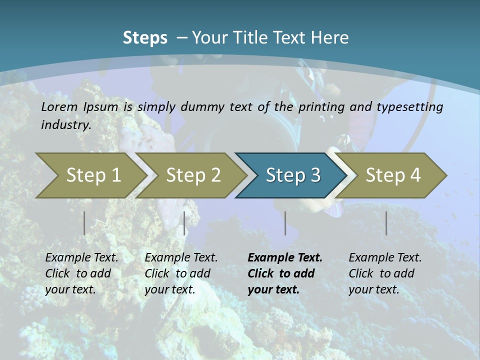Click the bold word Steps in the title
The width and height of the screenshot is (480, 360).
click(145, 38)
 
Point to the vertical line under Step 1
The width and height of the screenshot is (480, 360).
click(84, 223)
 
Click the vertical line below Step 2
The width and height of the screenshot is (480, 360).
click(184, 223)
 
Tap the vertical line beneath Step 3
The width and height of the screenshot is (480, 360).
click(285, 223)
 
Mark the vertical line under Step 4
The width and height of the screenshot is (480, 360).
click(386, 223)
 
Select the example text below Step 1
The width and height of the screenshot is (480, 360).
click(81, 273)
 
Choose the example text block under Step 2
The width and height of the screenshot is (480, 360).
click(181, 273)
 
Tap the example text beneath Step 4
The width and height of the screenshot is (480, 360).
click(385, 273)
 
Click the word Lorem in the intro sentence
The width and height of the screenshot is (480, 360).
click(59, 106)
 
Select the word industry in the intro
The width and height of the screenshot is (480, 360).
click(65, 124)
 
